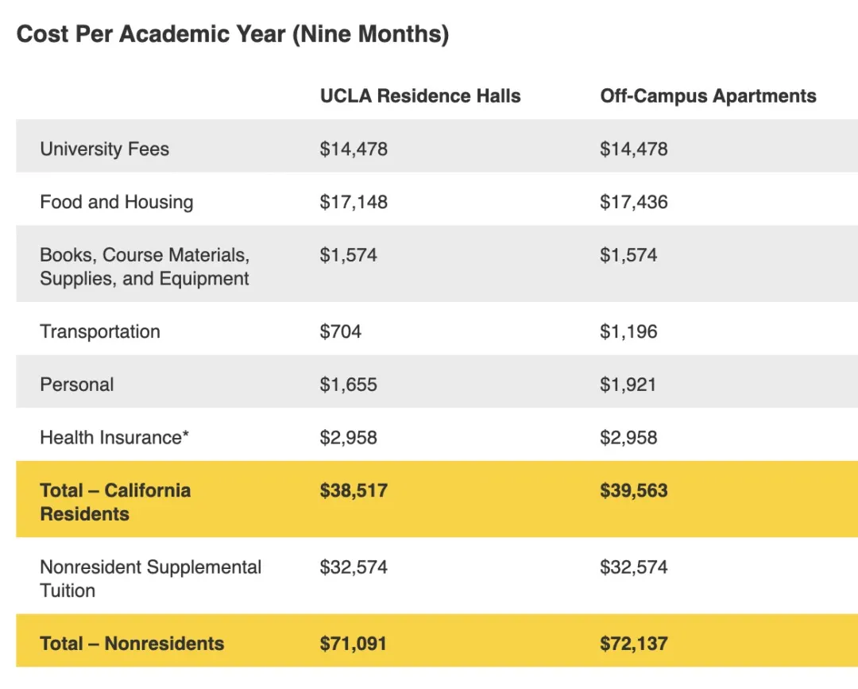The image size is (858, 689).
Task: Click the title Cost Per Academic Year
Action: click(233, 35)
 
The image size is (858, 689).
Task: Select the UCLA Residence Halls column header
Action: click(420, 96)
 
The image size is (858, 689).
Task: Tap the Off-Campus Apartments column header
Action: click(708, 96)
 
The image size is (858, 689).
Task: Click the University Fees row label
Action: click(104, 149)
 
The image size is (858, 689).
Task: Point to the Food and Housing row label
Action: click(116, 202)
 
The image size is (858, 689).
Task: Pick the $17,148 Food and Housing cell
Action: click(354, 202)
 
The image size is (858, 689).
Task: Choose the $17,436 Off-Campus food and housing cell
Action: click(633, 202)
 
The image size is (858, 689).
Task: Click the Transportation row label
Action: click(100, 331)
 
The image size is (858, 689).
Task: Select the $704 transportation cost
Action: click(340, 331)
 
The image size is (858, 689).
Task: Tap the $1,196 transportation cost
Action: click(628, 331)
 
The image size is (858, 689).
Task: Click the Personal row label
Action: click(76, 385)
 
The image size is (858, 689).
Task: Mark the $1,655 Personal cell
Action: click(348, 385)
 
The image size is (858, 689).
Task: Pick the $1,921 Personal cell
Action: click(628, 385)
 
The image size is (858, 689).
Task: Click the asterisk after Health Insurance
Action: click(186, 435)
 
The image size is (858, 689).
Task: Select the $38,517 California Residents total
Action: click(354, 490)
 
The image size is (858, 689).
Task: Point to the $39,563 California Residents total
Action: click(633, 490)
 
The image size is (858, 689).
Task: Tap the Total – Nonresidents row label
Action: click(132, 644)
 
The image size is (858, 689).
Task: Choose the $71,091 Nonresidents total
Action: click(353, 644)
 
